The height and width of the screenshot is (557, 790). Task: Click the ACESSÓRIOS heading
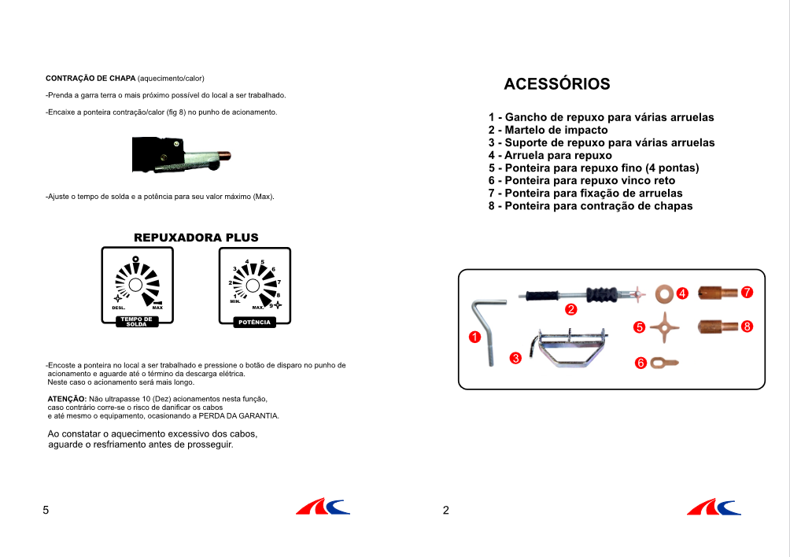point(556,84)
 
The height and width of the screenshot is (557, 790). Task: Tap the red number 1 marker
point(474,338)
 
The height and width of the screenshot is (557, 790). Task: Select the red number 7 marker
point(747,293)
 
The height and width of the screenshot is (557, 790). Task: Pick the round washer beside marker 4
point(663,293)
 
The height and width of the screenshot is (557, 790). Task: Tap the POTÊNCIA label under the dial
point(253,323)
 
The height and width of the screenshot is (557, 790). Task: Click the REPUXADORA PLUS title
point(196,238)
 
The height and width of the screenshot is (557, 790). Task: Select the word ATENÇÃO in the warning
point(67,400)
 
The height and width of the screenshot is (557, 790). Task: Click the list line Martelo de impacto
point(548,130)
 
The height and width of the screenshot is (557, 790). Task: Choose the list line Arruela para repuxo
point(550,155)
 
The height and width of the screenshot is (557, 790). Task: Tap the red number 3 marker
point(515,358)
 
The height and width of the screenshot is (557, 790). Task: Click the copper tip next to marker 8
point(716,326)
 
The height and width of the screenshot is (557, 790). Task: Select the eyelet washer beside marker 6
point(664,363)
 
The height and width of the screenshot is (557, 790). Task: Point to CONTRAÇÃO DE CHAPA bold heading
point(90,79)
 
